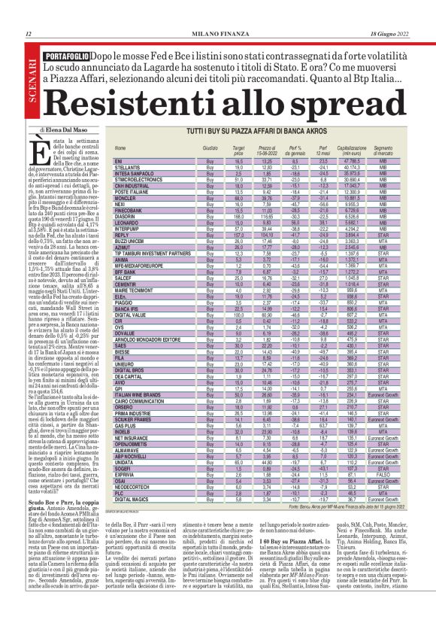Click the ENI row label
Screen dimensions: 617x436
point(118,161)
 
